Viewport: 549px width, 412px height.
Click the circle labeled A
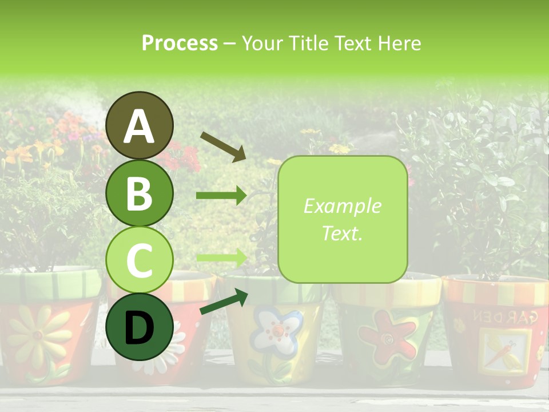140,125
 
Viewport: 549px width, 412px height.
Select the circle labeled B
140,193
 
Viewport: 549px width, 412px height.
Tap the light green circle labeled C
140,260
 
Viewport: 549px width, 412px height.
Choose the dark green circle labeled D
140,327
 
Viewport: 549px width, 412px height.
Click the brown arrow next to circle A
222,146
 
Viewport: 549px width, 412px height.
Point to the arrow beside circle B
221,196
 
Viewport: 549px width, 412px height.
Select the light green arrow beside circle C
221,257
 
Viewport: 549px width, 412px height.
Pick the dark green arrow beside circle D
223,302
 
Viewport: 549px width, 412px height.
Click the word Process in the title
180,43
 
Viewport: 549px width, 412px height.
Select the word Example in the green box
342,206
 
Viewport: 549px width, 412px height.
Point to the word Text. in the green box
342,233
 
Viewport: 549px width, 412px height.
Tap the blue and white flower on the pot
277,331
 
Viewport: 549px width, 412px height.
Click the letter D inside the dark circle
140,328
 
